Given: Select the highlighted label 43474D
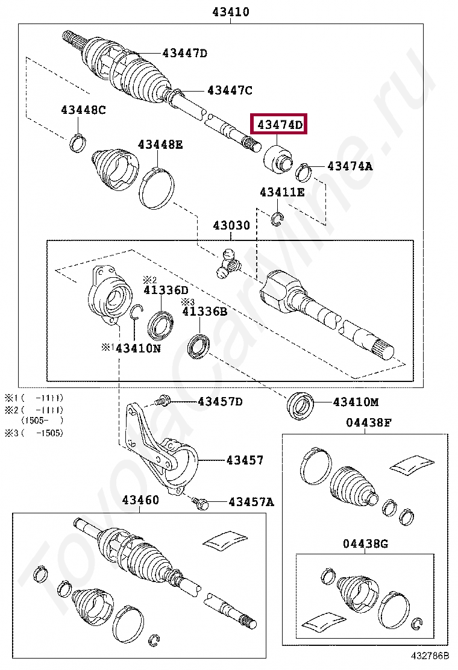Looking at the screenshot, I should coord(279,125).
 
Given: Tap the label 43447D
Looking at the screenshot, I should coord(184,54).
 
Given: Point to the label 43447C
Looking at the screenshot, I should coord(230,90).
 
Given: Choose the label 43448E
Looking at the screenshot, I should coord(160,145).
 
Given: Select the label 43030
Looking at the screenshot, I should coord(231,226).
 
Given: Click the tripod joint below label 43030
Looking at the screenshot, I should coord(228,263).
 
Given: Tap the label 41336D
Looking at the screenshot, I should coord(166,290).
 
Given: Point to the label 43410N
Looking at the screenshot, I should coord(138,348).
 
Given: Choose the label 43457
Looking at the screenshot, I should coord(245,460).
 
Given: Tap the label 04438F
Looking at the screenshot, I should coord(368,422).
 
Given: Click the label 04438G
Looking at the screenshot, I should coord(365,543).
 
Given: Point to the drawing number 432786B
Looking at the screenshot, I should coord(430,656).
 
